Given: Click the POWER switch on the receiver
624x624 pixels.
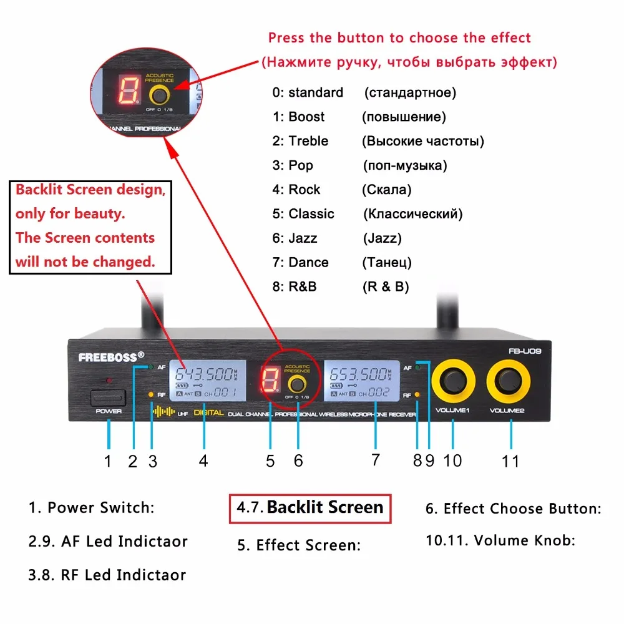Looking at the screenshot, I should point(108,396).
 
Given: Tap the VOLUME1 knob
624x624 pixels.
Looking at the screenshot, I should point(453,381).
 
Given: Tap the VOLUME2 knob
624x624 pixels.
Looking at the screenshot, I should point(510,381).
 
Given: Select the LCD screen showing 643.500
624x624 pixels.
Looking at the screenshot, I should point(207,383).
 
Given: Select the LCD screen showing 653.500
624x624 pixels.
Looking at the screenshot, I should point(360,383).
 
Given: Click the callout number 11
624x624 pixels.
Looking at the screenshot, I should point(510,461).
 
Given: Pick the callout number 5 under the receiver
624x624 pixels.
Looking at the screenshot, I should point(270,461).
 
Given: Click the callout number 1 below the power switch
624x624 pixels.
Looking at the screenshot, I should point(108,461).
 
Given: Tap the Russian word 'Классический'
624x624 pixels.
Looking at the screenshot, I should point(413,214).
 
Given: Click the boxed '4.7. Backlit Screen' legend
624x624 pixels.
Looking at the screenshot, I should point(310,507).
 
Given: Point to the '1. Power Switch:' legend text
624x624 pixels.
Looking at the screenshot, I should point(91,507).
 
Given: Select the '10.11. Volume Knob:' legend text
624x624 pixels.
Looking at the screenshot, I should point(500,540).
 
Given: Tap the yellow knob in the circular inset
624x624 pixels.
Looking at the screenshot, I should point(158,95).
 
